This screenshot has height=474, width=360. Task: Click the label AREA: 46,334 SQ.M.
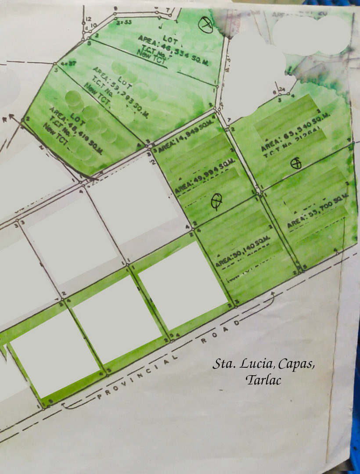pyautogui.click(x=173, y=50)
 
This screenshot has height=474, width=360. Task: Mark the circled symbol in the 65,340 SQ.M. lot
pyautogui.click(x=297, y=164)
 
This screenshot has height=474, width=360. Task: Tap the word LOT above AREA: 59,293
pyautogui.click(x=125, y=82)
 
